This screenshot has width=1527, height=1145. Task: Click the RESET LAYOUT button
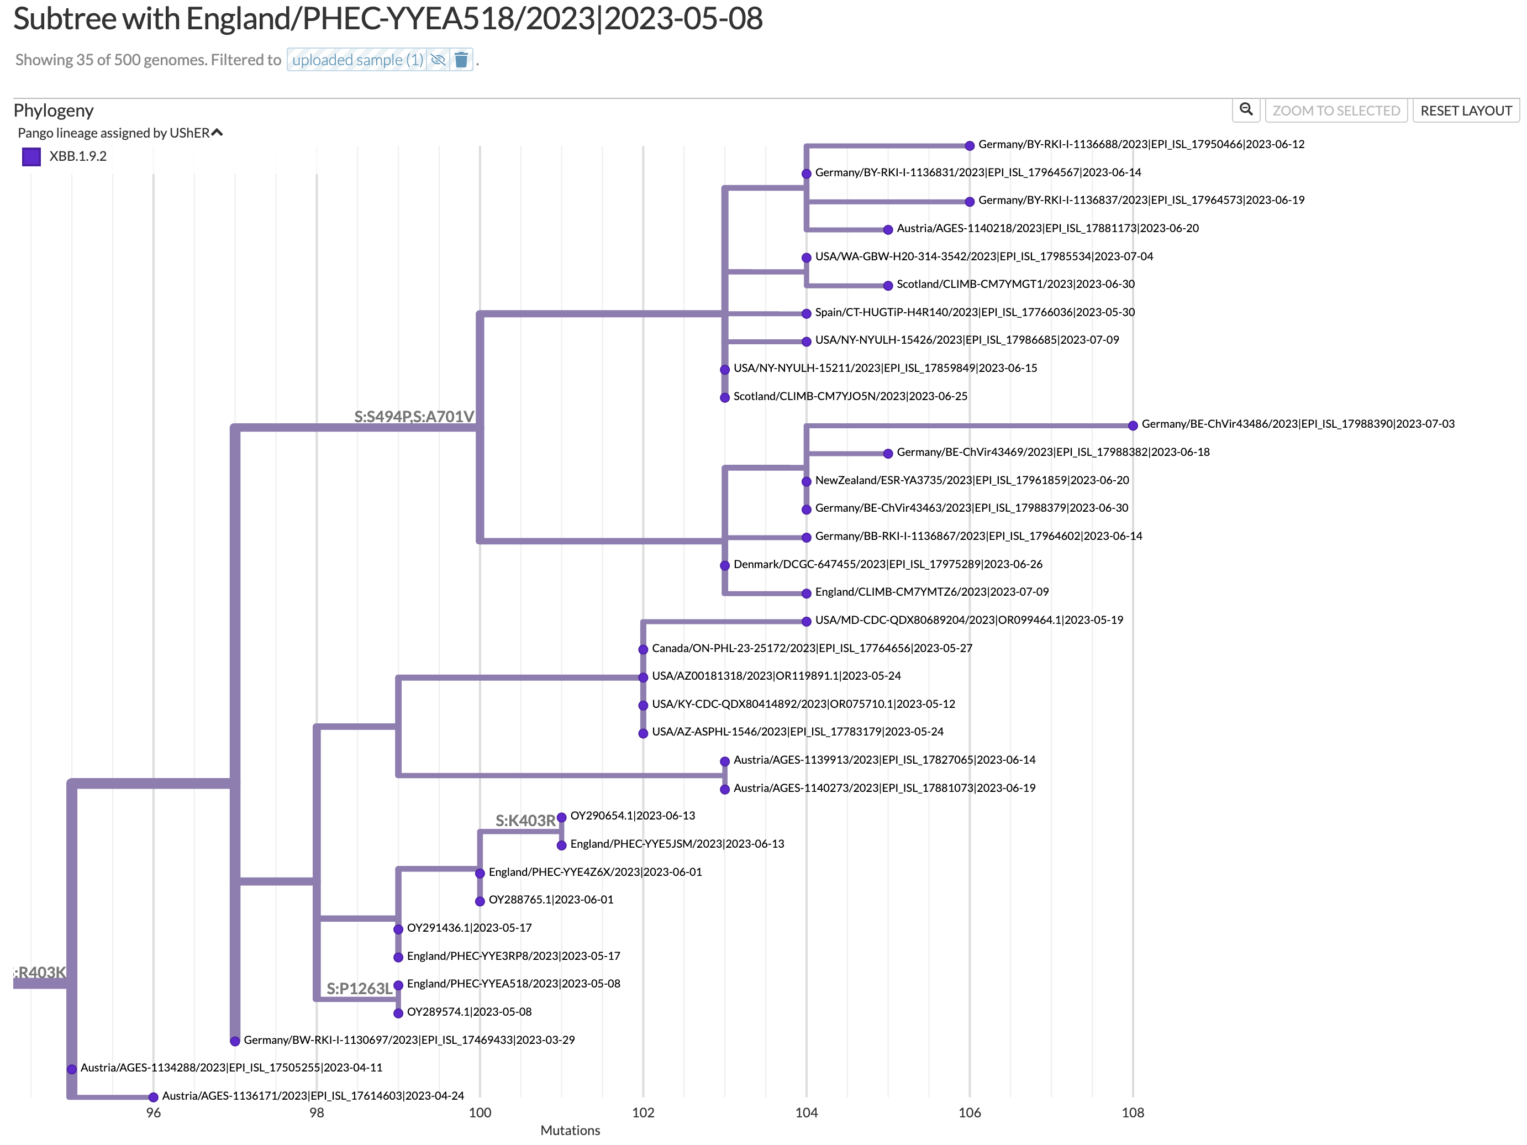[x=1466, y=111]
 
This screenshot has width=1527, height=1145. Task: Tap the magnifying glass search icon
[x=1246, y=110]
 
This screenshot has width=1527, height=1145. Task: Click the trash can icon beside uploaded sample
[x=462, y=60]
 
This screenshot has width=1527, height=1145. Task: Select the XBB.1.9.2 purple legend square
[x=31, y=157]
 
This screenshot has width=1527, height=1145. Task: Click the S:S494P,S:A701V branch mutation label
[x=413, y=417]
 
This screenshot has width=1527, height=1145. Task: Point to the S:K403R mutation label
[x=525, y=821]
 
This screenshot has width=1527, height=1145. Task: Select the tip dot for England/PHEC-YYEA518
[x=398, y=985]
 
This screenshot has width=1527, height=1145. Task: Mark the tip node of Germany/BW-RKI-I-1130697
[x=235, y=1041]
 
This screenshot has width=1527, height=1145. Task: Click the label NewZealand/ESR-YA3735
[x=971, y=481]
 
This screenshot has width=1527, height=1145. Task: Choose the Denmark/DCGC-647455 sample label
[x=887, y=564]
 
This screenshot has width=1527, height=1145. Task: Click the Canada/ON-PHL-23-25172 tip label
[x=811, y=648]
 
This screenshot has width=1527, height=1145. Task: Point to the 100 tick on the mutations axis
[x=480, y=1112]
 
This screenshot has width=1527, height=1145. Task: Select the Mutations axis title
[x=570, y=1131]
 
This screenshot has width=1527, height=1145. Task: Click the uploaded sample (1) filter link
[x=357, y=60]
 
